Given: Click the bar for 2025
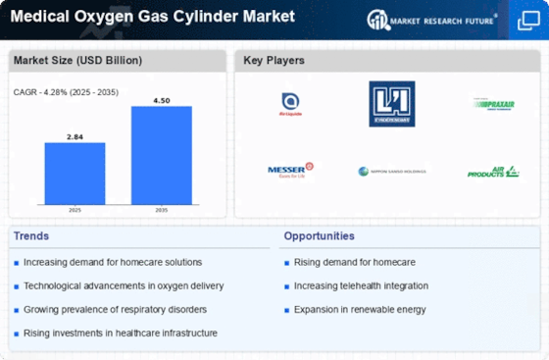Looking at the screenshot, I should point(75,174).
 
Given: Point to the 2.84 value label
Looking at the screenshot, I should point(75,136).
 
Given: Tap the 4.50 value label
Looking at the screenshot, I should point(161,99).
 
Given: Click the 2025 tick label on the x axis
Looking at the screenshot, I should point(75,211).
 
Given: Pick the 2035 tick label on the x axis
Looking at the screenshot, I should point(161,211).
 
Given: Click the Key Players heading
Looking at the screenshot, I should point(274,61).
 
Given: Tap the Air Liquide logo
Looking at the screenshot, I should point(290,103).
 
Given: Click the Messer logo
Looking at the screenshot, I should point(290,171).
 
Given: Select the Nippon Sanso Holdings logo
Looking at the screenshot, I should point(392,172).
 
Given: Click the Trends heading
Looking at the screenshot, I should point(32,236).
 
